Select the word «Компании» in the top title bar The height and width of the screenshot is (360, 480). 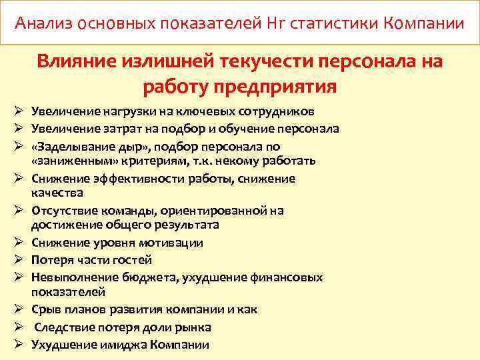pos(424,24)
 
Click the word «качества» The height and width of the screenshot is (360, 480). pos(57,193)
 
